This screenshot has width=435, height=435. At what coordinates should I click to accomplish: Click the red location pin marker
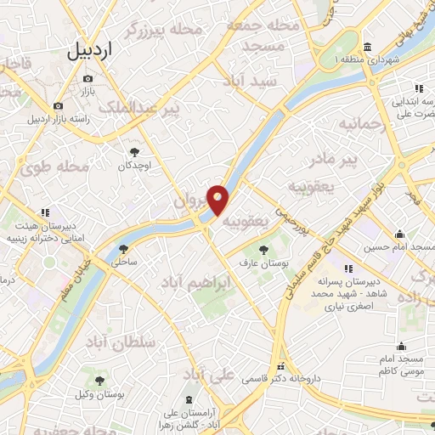coord(218,200)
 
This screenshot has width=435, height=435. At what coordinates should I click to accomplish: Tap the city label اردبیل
coord(101,50)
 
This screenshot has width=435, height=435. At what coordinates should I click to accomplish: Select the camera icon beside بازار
coord(88,79)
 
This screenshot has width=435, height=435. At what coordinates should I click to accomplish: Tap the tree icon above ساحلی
coord(124,249)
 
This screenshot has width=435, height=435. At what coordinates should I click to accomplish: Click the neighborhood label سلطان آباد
coord(121,342)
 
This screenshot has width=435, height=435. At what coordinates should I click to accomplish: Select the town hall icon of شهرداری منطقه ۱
coord(365,47)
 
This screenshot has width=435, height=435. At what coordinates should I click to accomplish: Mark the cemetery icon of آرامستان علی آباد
coord(188,399)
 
